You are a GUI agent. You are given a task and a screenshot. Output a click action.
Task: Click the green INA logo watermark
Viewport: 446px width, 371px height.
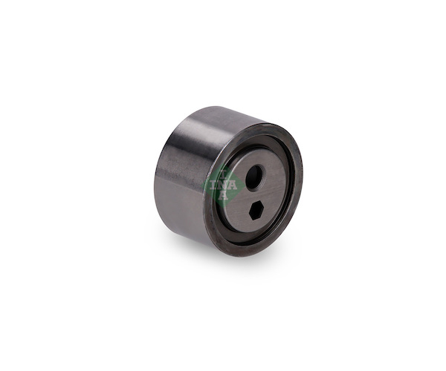(x=224, y=185)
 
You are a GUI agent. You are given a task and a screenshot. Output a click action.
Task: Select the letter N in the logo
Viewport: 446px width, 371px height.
(x=223, y=185)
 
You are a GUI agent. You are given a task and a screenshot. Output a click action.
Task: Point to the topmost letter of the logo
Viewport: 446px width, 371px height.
(x=224, y=174)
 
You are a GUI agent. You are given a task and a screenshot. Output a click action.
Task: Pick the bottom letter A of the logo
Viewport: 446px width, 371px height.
(x=224, y=196)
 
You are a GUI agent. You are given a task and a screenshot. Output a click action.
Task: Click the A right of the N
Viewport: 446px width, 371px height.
(x=233, y=185)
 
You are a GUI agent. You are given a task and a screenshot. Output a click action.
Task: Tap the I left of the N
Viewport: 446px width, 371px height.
(x=215, y=185)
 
